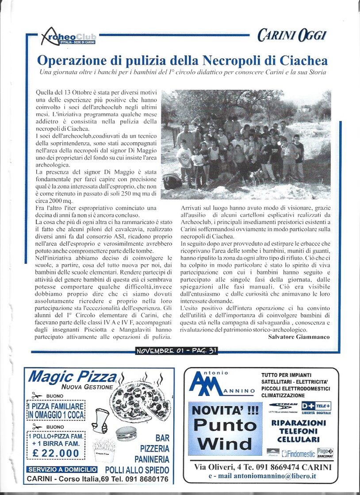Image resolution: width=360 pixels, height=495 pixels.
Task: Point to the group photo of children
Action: pos(246,145)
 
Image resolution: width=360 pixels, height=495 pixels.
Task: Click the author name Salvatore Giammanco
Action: pos(299,337)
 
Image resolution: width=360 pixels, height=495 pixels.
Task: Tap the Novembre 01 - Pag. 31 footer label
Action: pos(176,351)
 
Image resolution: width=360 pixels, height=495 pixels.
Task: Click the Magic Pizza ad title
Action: pos(72,377)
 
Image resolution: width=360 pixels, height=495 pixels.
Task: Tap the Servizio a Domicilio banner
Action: pos(62,469)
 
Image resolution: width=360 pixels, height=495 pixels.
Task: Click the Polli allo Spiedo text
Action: pos(137,470)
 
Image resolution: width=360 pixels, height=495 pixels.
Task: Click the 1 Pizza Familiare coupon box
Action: pos(56,411)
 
